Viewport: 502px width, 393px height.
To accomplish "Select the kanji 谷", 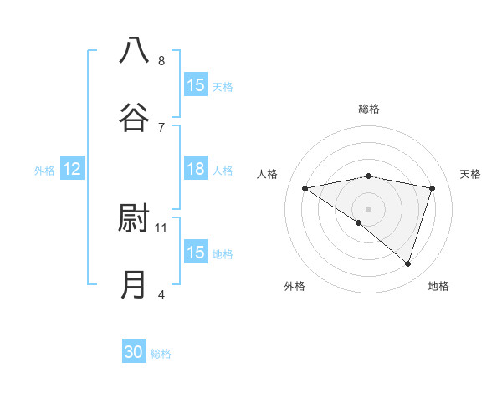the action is tap(134, 117).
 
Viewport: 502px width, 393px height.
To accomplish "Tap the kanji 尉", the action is tap(134, 218).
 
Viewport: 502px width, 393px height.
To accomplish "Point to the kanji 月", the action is tap(134, 284).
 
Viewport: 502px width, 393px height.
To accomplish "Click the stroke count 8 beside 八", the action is tap(161, 60).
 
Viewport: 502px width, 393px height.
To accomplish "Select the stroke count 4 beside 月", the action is tap(161, 293).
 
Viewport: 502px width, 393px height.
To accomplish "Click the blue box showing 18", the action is tap(196, 169).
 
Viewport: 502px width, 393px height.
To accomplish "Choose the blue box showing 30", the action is tap(134, 352).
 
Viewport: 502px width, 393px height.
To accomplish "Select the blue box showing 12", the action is tap(72, 169).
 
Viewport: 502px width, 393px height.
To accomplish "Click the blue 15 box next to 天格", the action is tap(196, 85).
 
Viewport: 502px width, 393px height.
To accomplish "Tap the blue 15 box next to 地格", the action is tap(196, 253).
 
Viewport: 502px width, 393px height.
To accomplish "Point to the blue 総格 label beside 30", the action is tap(161, 354).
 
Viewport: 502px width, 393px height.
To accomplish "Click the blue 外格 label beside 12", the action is tap(44, 171).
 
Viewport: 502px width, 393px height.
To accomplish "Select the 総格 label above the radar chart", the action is tap(369, 109).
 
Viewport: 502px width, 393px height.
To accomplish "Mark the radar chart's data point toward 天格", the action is tap(433, 188).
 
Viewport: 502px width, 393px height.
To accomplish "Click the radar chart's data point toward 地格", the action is tap(407, 263).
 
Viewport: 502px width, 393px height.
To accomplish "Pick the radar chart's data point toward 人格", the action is tap(305, 188).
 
